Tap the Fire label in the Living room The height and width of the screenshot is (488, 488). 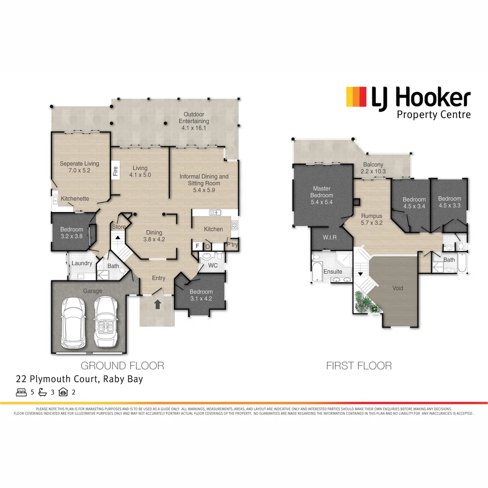click(115, 171)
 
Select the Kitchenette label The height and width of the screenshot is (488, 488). click(75, 198)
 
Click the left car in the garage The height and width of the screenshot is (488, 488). click(73, 322)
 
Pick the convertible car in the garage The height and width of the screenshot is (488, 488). click(105, 321)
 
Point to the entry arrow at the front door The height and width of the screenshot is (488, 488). click(157, 305)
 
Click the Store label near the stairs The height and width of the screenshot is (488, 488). click(119, 227)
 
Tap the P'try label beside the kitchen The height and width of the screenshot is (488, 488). click(232, 244)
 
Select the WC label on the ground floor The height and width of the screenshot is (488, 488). click(213, 265)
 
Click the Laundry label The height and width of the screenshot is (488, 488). click(82, 263)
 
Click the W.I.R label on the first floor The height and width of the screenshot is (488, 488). click(331, 237)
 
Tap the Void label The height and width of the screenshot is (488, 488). click(398, 288)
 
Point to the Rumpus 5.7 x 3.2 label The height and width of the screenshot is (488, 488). click(371, 219)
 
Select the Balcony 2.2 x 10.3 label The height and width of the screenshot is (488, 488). click(372, 168)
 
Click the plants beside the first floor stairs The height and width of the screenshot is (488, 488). click(365, 302)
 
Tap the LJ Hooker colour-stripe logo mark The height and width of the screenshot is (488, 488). click(356, 97)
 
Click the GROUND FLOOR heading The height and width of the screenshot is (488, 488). click(122, 365)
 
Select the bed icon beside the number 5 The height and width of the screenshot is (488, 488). click(21, 392)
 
